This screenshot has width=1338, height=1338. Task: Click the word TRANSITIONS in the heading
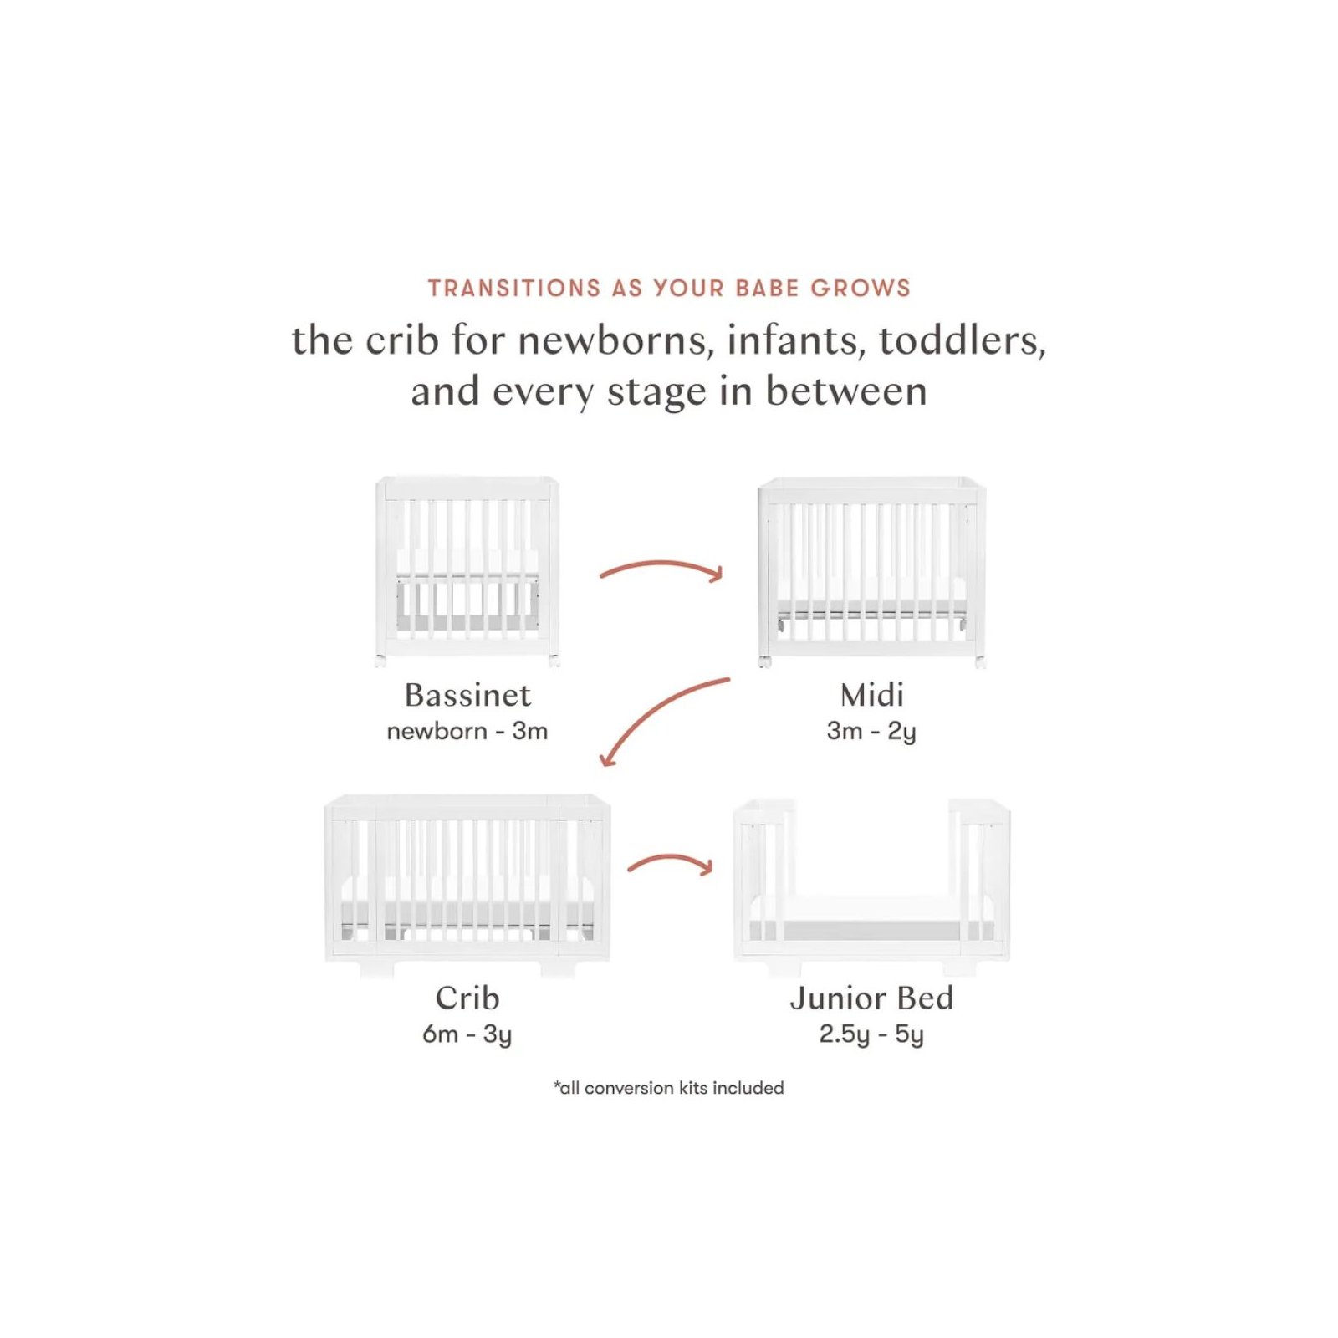[x=514, y=289]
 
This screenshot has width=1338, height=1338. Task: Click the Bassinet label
[x=467, y=695]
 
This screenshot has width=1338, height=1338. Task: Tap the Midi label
[x=872, y=695]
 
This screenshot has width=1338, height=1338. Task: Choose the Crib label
[x=467, y=998]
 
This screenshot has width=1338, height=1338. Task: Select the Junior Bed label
[x=872, y=998]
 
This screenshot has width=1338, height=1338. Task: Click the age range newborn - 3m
[x=467, y=731]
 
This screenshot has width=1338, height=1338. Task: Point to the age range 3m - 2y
[x=872, y=732]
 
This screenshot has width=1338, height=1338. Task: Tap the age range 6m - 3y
[x=467, y=1035]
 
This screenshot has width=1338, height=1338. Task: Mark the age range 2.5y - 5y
[x=872, y=1035]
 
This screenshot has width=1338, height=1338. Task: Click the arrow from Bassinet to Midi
[x=661, y=565]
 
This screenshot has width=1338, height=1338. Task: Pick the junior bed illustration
[x=872, y=886]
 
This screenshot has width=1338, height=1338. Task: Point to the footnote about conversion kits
[x=669, y=1088]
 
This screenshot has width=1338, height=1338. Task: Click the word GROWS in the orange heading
[x=861, y=289]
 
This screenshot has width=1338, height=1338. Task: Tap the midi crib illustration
[x=872, y=573]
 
